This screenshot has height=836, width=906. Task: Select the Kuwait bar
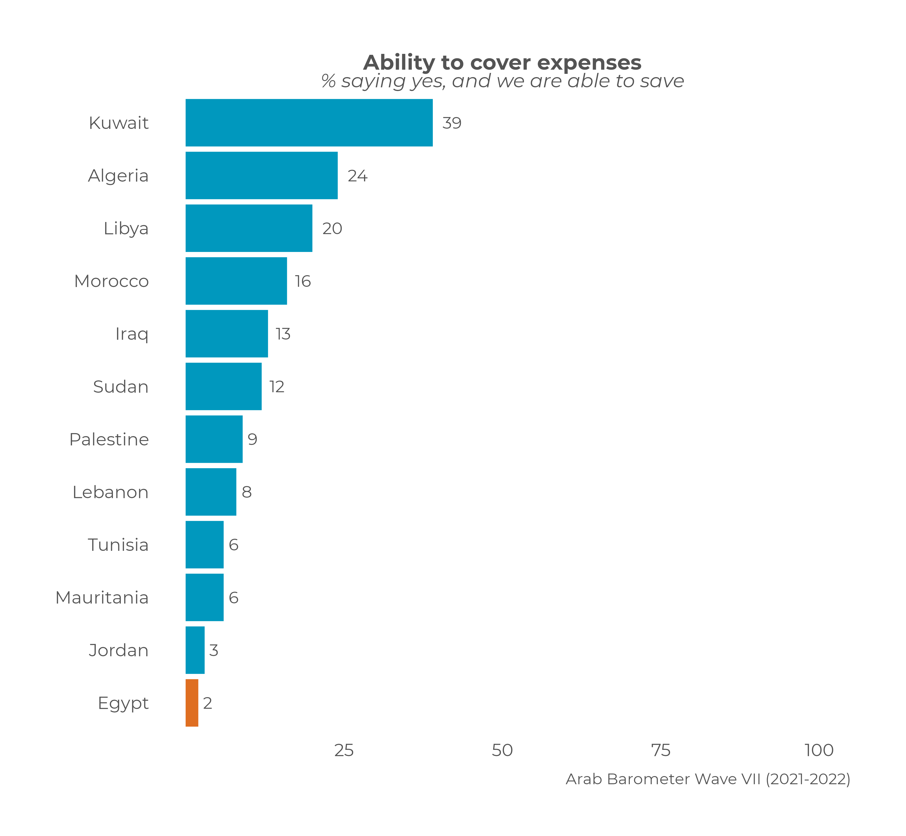309,123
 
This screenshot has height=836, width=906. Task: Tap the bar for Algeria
262,176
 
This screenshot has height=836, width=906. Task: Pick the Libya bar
249,228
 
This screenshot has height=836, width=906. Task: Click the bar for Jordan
195,650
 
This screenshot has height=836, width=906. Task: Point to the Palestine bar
214,439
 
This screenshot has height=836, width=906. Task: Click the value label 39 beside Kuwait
452,123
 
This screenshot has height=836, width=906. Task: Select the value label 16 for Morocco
303,281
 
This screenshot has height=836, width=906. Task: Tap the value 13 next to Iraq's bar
283,334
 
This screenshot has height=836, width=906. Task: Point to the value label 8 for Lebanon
247,492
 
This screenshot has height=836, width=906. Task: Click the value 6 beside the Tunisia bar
233,545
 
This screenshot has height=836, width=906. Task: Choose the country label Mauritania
102,598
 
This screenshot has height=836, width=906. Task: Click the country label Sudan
121,387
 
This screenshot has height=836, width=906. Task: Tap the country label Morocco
111,281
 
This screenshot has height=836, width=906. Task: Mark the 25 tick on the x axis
344,751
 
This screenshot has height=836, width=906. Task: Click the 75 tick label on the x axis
661,751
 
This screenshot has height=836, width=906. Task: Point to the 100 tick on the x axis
819,751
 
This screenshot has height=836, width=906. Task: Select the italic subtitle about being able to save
502,82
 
